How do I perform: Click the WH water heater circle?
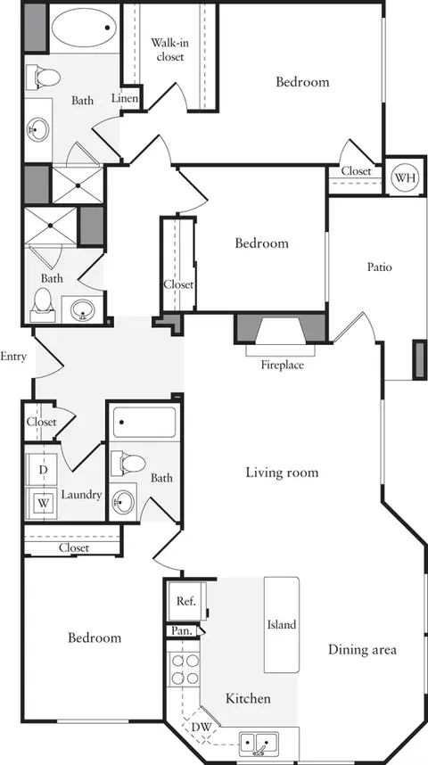[x=405, y=177]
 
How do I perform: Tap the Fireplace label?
[x=282, y=366]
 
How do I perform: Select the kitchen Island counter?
[x=282, y=624]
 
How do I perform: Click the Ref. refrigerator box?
[x=185, y=601]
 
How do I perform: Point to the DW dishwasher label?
[x=202, y=727]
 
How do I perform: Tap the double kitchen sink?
[x=259, y=741]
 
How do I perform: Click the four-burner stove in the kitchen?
[x=184, y=670]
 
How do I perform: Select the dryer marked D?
[x=42, y=469]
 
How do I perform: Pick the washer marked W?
[x=42, y=502]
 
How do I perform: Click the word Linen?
[x=125, y=98]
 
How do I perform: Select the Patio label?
[x=380, y=267]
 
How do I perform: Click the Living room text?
[x=282, y=473]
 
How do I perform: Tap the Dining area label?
[x=361, y=649]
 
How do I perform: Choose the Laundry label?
[x=81, y=495]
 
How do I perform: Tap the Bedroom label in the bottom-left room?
[x=95, y=638]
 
